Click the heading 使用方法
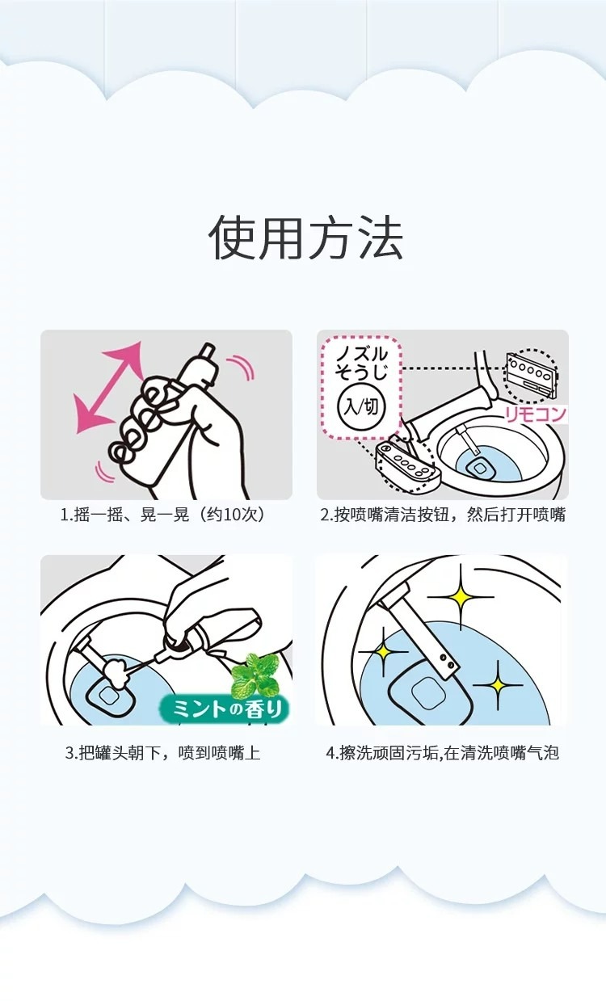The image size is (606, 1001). [x=305, y=238]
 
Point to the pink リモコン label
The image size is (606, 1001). [x=536, y=414]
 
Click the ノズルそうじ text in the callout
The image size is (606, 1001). [x=361, y=364]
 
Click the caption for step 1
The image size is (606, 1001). [x=163, y=515]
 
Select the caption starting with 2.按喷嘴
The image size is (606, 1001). [x=443, y=515]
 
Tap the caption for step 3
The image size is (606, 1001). [x=162, y=753]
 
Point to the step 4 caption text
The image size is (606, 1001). [x=443, y=753]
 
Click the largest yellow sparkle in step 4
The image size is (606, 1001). [x=461, y=596]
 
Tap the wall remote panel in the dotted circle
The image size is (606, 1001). [x=531, y=375]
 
